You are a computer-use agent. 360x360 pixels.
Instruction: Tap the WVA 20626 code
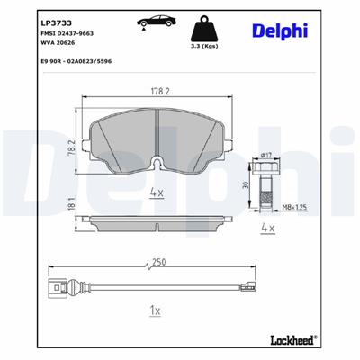pos(60,42)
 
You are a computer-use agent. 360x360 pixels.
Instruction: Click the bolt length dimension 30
pos(246,184)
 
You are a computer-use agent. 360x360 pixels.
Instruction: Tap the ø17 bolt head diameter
pos(265,155)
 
